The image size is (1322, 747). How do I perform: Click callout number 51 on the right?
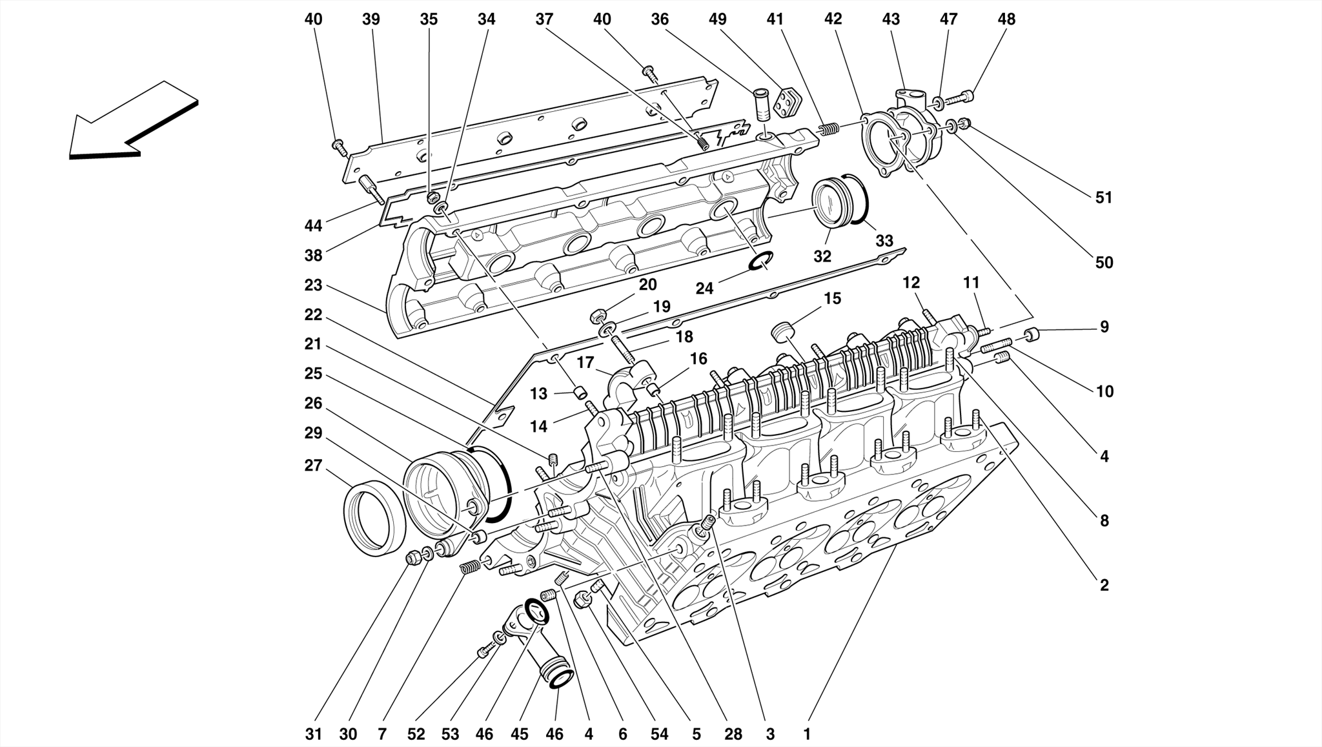1104,198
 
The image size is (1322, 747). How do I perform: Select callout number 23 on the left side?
313,285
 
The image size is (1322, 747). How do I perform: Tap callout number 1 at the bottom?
806,734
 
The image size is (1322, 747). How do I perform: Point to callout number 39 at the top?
371,19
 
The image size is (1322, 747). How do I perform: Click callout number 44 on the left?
313,226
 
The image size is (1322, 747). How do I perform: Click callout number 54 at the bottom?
659,734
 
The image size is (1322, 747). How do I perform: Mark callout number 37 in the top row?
544,19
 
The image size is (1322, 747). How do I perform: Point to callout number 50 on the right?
1104,263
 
